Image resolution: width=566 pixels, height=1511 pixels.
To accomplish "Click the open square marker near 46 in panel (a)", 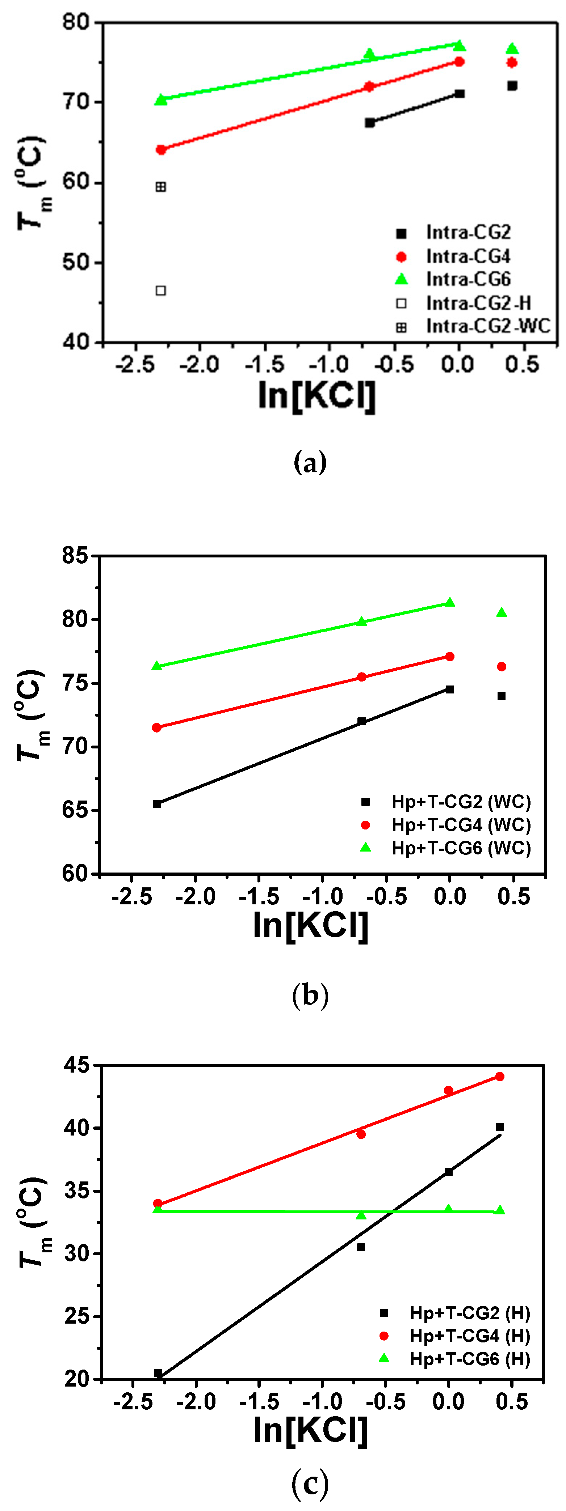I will [160, 290].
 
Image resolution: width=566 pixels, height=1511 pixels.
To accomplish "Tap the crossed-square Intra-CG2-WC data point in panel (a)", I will [160, 187].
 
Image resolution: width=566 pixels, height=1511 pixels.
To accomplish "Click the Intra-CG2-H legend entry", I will [464, 303].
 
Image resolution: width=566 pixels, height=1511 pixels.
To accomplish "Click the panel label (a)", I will [310, 462].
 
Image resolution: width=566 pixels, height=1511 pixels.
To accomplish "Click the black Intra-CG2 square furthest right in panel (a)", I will [512, 86].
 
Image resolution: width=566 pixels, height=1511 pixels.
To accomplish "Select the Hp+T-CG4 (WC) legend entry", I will [446, 825].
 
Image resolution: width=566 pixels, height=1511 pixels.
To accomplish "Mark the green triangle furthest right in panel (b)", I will [502, 612].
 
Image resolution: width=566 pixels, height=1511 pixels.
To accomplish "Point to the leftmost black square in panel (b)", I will [157, 803].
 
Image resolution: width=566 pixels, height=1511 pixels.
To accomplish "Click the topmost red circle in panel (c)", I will [500, 1076].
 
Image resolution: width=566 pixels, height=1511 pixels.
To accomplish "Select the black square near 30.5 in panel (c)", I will [361, 1247].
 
